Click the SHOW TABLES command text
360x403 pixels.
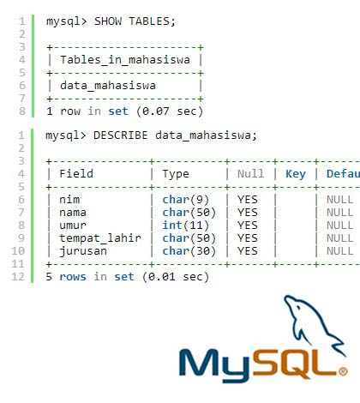(x=135, y=21)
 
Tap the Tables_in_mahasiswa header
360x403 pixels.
(x=125, y=60)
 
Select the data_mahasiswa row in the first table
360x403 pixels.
(x=108, y=86)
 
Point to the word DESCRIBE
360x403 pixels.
(x=121, y=135)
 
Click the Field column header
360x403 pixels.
(x=76, y=174)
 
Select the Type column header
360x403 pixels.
(x=176, y=174)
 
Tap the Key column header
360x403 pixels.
(x=296, y=174)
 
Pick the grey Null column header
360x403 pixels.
(x=251, y=174)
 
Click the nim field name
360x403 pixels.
(x=69, y=200)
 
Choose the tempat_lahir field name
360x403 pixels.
(x=100, y=238)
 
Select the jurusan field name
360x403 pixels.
(x=83, y=251)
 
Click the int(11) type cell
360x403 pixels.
(x=186, y=226)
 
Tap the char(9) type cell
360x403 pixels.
(x=186, y=200)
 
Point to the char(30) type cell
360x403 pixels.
(x=189, y=251)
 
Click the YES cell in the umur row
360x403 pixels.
(x=248, y=226)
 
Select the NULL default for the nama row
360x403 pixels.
(x=340, y=213)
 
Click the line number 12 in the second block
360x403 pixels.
(x=18, y=277)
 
